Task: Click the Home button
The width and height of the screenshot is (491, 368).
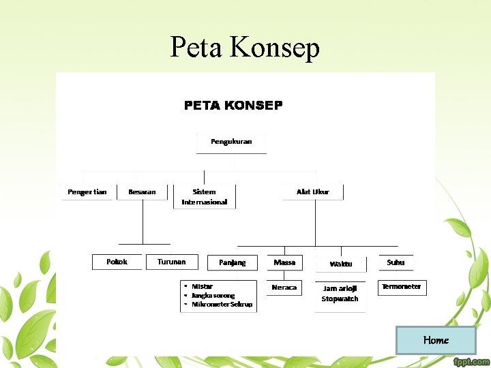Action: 435,340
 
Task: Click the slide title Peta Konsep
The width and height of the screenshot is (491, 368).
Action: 245,47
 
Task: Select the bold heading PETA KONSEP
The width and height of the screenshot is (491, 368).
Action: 233,106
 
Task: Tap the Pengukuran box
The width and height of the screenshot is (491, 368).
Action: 231,142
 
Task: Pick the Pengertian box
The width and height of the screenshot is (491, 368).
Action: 87,192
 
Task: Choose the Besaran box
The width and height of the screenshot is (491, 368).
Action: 142,192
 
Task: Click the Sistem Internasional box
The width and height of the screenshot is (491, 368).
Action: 205,197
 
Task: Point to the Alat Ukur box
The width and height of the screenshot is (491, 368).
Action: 313,192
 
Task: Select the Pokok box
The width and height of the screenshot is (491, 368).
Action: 117,262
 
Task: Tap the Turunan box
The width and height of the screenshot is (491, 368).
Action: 171,262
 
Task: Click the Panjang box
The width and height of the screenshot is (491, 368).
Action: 233,262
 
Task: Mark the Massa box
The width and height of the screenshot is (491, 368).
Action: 284,262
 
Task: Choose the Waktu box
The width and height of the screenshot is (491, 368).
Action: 341,264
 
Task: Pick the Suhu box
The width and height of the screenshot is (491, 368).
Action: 396,262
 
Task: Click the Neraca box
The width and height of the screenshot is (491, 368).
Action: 284,288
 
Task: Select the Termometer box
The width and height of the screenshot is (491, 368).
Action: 402,287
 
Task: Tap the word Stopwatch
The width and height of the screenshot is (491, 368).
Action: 340,299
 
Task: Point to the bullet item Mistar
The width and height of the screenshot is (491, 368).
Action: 203,286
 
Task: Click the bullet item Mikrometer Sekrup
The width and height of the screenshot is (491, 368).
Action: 222,305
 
